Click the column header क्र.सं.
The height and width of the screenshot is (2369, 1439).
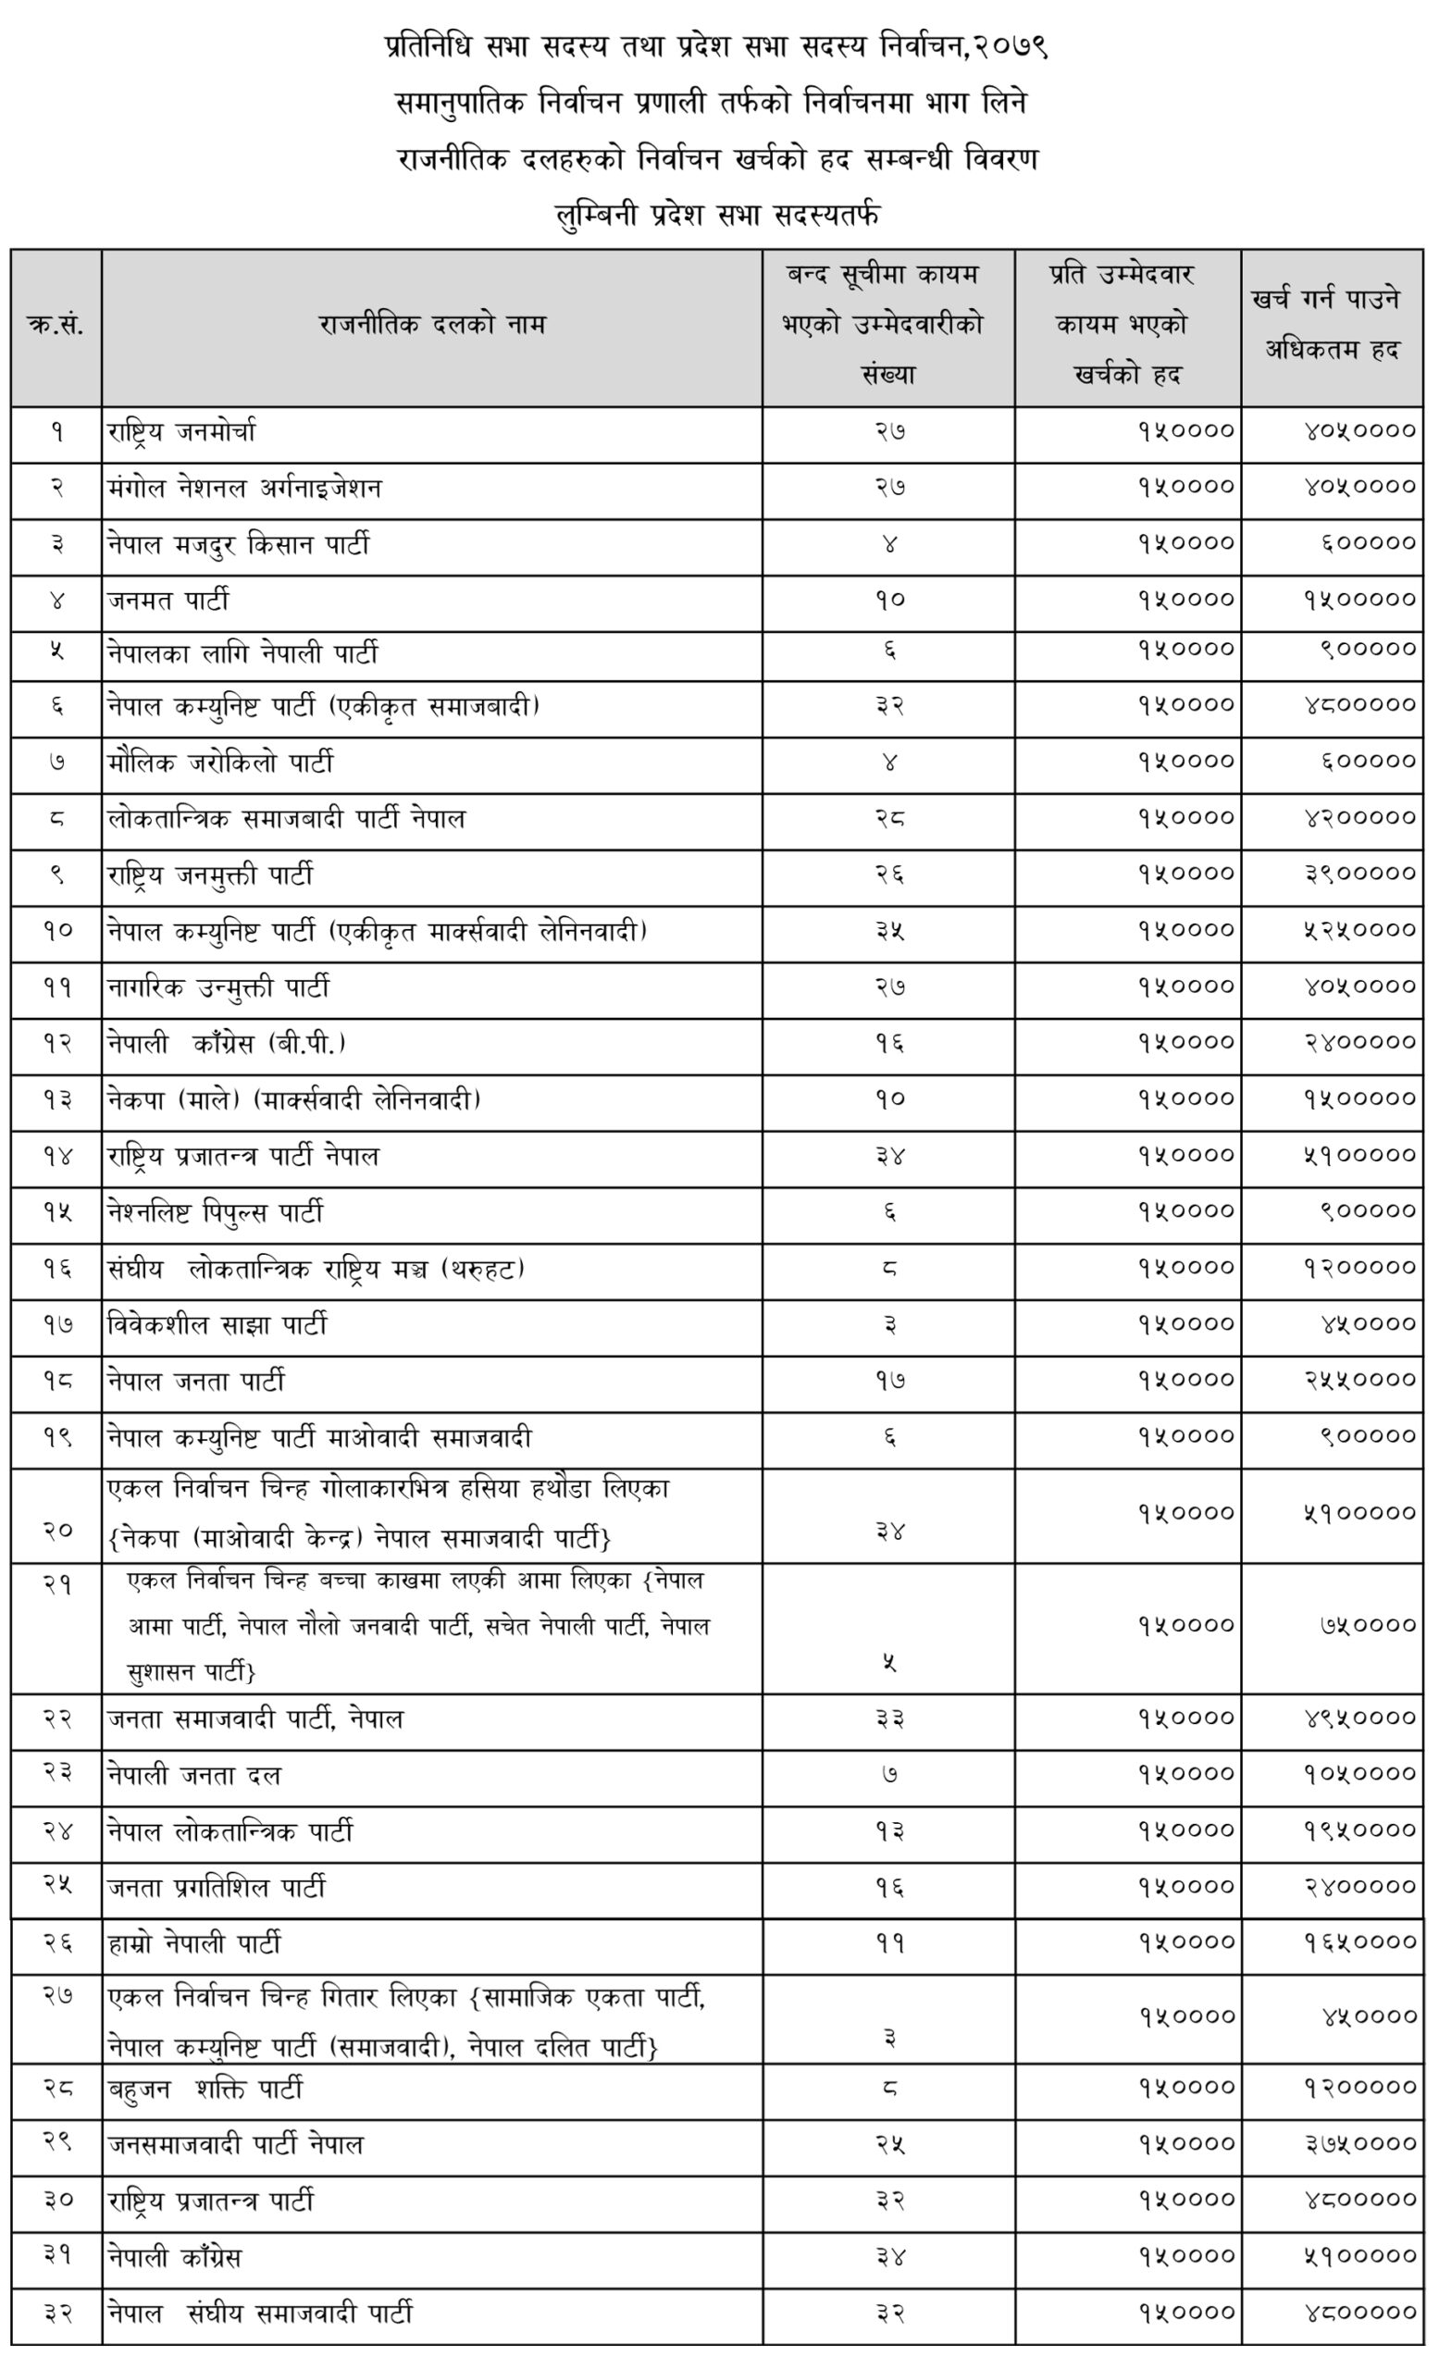tap(56, 326)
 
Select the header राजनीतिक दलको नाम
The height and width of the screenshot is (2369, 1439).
tap(431, 326)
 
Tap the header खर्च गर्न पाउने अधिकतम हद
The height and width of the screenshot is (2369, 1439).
tap(1331, 326)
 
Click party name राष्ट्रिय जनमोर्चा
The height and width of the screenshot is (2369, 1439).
tap(181, 433)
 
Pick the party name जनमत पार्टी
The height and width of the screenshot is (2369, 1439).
tap(168, 602)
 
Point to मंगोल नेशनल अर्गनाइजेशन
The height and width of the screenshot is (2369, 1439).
tap(244, 489)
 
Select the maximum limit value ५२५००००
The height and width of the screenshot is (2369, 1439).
tap(1359, 931)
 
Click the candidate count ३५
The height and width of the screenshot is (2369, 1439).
tap(889, 931)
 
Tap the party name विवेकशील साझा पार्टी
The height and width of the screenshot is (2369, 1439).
tap(217, 1326)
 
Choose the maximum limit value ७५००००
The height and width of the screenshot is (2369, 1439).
tap(1367, 1626)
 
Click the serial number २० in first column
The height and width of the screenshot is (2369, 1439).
tap(56, 1530)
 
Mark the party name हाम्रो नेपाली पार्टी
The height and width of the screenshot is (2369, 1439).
tap(194, 1944)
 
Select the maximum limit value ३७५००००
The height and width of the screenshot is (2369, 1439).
tap(1359, 2144)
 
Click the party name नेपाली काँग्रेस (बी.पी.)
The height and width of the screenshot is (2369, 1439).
tap(226, 1043)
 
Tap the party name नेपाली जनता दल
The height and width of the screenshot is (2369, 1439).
tap(194, 1775)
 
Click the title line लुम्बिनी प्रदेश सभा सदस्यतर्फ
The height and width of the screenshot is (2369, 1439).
tap(718, 215)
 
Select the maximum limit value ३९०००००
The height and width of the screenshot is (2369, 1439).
tap(1359, 874)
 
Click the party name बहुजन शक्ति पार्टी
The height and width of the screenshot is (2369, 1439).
tap(205, 2090)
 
